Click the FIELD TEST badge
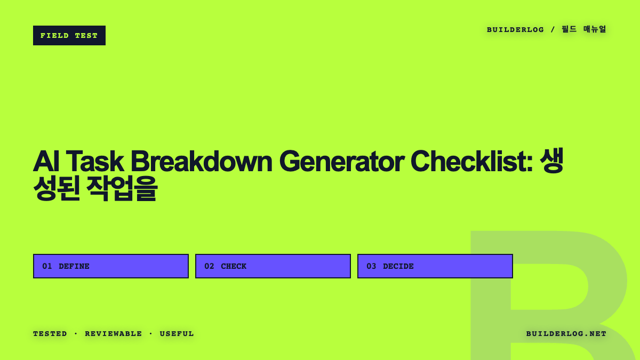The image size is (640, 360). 69,35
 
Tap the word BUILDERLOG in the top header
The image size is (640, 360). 515,30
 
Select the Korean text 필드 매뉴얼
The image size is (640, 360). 583,29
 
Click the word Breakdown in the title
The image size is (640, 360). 202,162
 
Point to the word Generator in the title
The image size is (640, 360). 342,162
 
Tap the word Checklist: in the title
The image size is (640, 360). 471,162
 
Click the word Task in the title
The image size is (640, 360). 95,162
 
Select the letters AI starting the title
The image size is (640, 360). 46,162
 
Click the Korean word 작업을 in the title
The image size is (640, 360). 122,188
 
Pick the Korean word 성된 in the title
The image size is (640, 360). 57,188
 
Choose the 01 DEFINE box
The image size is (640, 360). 111,266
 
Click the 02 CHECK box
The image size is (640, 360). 273,266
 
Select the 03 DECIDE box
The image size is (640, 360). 435,266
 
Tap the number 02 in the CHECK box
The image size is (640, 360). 209,266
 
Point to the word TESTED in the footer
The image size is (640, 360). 50,334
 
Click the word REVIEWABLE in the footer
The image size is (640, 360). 114,334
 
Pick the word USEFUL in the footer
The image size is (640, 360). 177,334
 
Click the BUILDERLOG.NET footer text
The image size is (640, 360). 566,334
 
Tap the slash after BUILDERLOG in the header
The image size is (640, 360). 553,29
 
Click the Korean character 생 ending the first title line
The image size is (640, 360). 551,161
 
